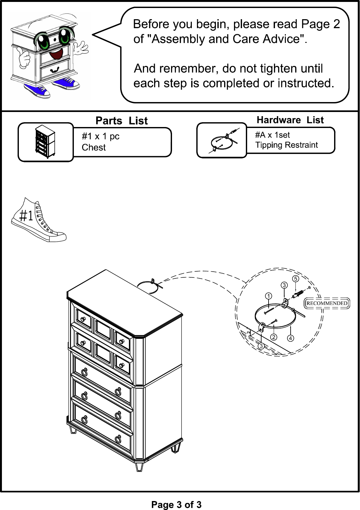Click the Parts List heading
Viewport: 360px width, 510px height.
(121, 120)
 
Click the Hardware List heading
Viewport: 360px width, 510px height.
(290, 120)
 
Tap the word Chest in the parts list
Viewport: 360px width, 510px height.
(94, 147)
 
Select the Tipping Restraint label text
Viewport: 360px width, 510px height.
(286, 145)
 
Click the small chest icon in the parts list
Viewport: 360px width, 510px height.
(45, 141)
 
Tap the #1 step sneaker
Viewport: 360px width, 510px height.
(38, 220)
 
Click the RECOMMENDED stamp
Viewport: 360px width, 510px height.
(327, 303)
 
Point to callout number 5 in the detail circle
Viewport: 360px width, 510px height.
(295, 279)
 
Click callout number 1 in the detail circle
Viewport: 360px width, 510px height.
(269, 296)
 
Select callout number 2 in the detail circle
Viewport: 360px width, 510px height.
(274, 337)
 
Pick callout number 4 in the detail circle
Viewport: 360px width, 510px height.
(290, 338)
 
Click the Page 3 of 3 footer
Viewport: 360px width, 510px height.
(176, 505)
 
